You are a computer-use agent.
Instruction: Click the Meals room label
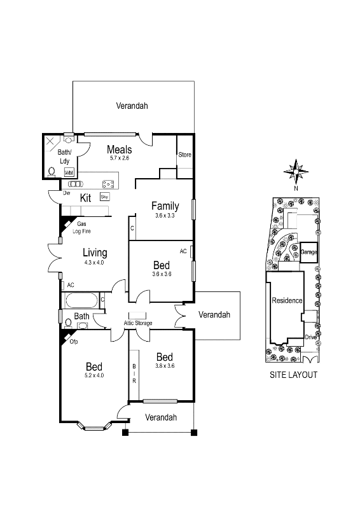120,150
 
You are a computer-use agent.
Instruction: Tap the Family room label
165,206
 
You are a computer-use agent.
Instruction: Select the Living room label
94,253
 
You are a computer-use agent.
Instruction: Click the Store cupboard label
184,155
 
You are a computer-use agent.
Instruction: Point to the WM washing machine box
69,172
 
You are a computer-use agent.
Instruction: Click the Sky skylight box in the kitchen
104,197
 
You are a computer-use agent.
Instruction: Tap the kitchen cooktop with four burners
108,185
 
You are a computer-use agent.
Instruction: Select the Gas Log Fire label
81,228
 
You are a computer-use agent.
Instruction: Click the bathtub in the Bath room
81,300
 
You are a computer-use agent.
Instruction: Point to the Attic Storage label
138,323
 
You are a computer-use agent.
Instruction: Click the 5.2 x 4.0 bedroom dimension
94,375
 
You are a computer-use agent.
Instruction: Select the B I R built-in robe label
134,373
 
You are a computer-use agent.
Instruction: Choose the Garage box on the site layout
309,252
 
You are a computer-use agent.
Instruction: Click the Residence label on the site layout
287,301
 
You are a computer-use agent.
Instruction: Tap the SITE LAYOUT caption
293,375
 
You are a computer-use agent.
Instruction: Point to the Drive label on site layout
310,337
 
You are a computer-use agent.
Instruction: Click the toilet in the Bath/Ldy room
51,171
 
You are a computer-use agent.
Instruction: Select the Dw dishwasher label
66,192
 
